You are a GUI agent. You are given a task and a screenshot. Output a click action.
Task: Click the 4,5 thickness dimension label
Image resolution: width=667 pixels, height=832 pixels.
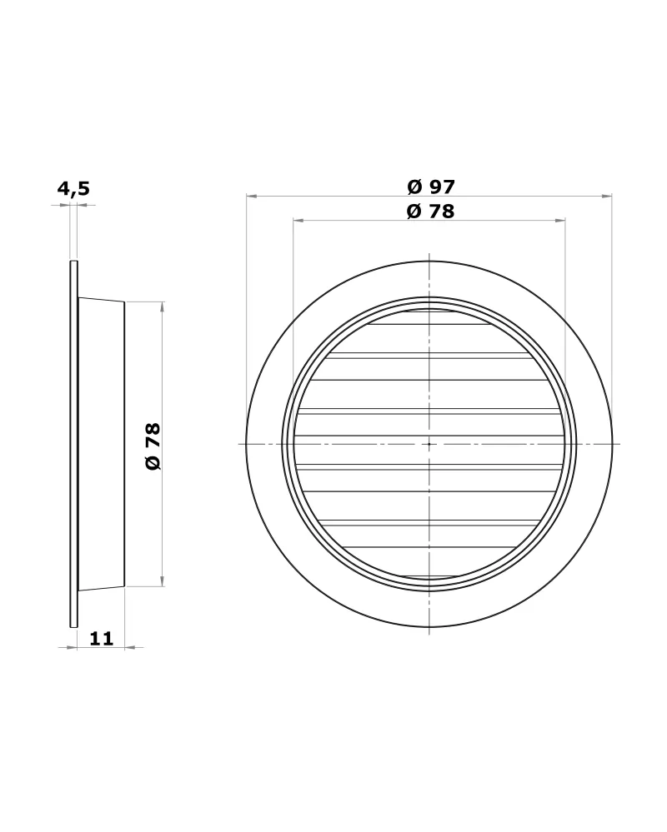[74, 188]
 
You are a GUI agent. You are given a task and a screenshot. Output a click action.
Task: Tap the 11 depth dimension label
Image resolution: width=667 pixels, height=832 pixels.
[102, 638]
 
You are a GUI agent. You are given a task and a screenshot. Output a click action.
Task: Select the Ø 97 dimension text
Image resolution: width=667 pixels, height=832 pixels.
[431, 187]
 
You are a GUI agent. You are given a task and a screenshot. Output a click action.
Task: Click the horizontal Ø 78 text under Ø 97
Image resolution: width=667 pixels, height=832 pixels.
[431, 212]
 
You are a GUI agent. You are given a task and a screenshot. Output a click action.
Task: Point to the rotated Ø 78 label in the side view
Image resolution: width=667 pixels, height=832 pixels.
[153, 446]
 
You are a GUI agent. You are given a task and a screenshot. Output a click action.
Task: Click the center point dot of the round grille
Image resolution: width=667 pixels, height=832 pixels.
[429, 444]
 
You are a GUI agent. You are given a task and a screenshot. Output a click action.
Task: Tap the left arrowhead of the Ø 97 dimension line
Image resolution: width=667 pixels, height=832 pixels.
[252, 196]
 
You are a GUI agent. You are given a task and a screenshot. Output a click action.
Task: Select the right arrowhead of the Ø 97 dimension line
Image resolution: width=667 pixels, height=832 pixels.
[606, 196]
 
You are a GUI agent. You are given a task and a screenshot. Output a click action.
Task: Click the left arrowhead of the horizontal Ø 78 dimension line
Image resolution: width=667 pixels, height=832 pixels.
[299, 220]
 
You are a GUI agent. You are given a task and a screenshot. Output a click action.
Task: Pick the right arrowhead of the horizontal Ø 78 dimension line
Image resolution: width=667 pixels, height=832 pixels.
[559, 220]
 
